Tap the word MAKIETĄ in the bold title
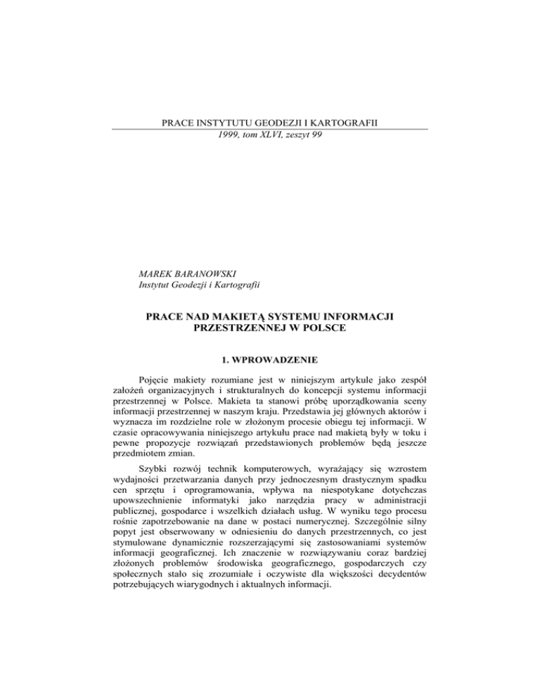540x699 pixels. tap(235, 318)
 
